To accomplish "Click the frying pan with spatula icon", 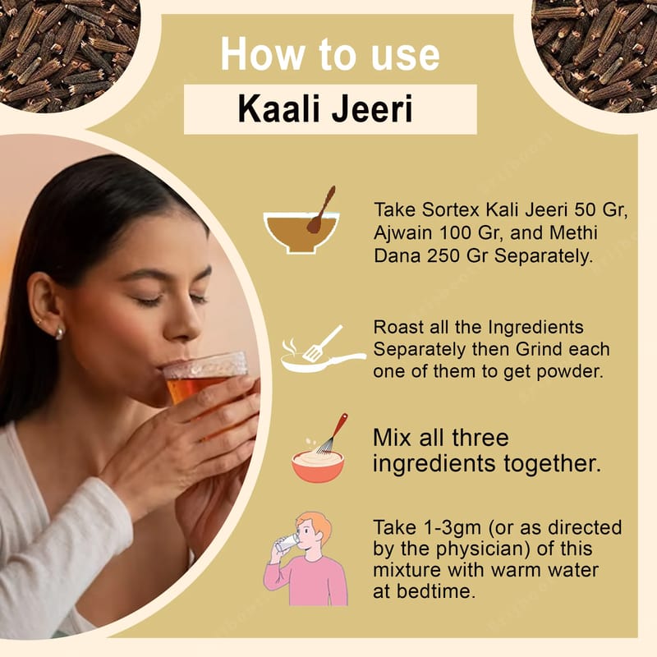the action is point(323,348).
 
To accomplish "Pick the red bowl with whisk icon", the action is point(319,448).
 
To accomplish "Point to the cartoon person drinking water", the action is point(306,559).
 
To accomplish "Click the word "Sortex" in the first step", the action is point(450,210).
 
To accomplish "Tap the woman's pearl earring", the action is point(59,333).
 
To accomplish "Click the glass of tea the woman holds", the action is point(205,377).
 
